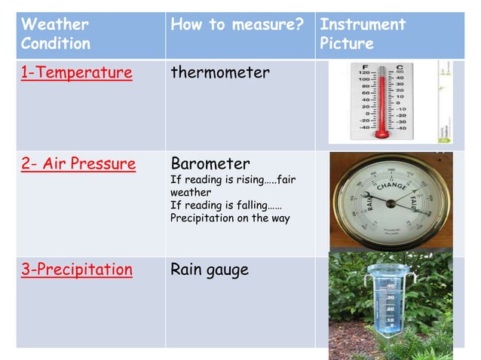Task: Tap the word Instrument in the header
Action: point(363,24)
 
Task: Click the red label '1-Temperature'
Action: point(76,73)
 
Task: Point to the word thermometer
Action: point(220,73)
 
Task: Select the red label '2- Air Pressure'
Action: point(78,163)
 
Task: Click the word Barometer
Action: point(210,163)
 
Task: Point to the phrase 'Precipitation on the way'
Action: point(230,218)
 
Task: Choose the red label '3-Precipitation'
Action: point(76,269)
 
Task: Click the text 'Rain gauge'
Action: point(210,269)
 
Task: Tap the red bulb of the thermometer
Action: point(382,132)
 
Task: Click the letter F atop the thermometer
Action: point(366,66)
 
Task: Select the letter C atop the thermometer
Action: point(397,66)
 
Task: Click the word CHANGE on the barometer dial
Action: point(393,185)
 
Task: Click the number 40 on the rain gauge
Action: point(391,287)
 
